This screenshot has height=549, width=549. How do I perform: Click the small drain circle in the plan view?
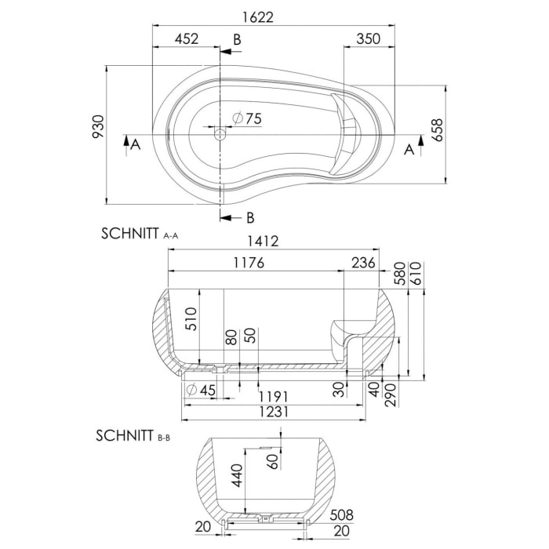220,135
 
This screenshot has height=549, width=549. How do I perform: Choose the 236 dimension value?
362,263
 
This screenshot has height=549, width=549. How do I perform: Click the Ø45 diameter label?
202,389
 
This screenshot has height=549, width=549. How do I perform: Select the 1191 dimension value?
275,397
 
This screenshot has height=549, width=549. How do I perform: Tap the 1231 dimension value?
275,412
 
